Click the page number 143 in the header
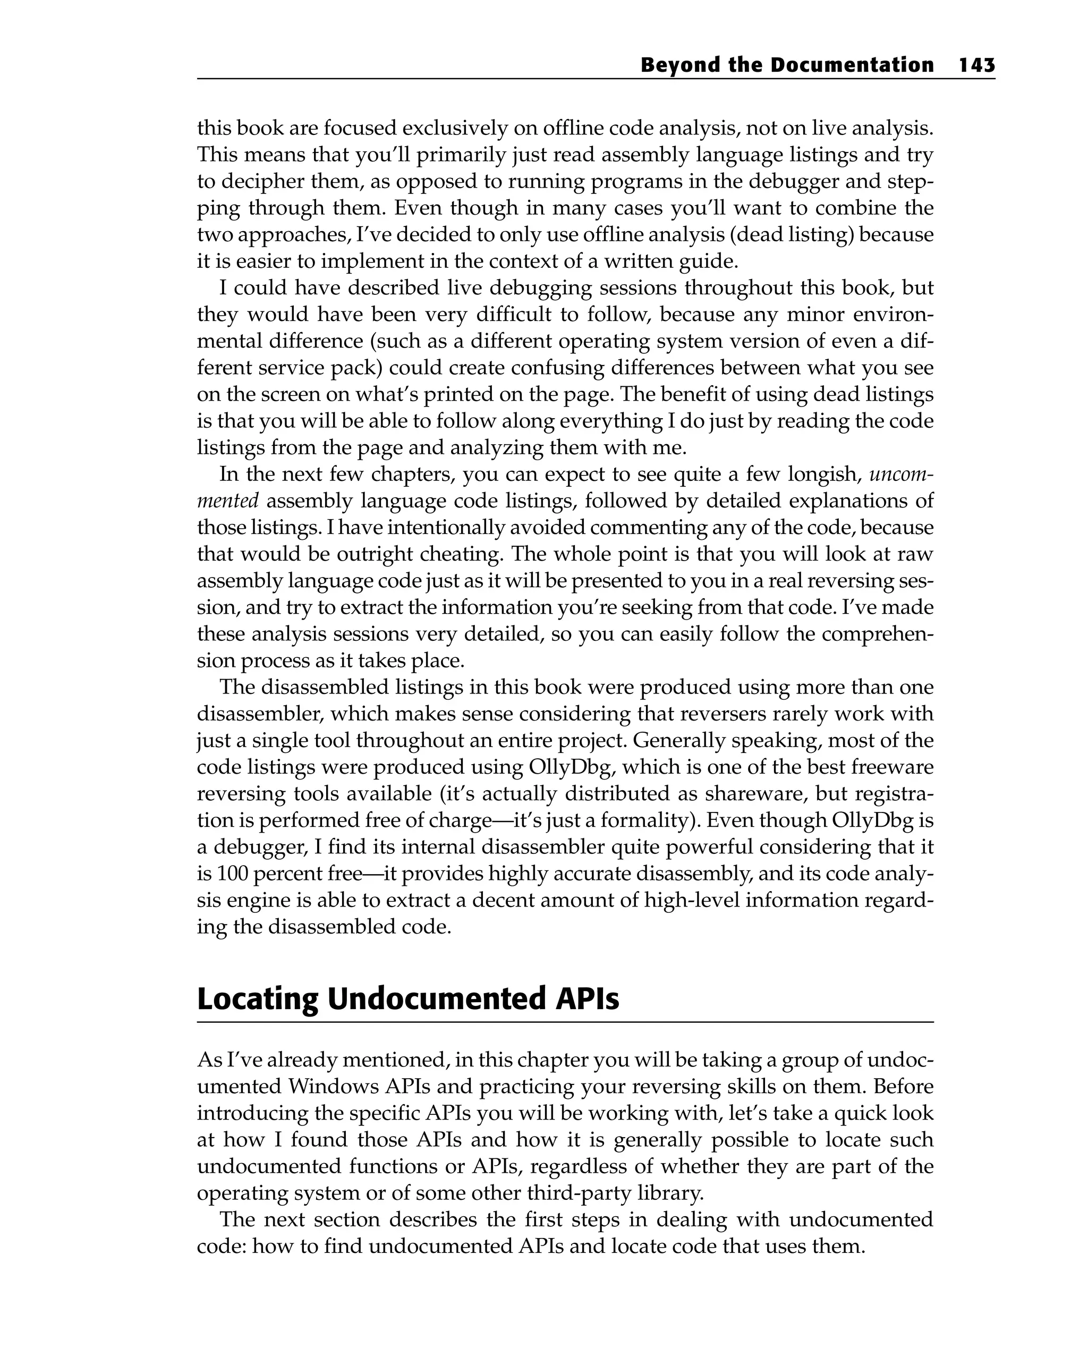(x=976, y=65)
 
